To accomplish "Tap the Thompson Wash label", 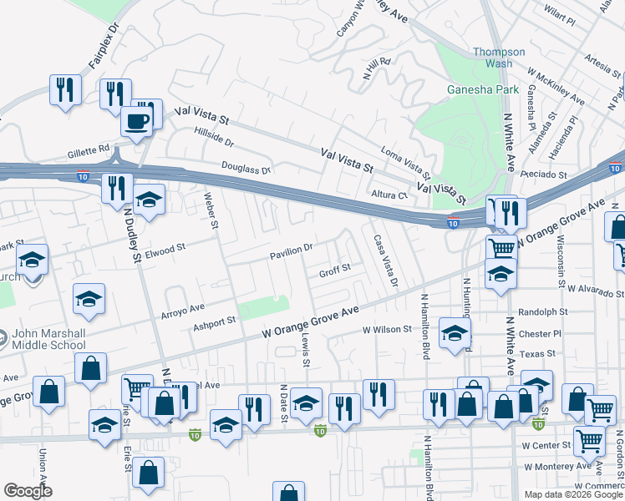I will coord(499,58).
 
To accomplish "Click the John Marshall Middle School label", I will coord(48,338).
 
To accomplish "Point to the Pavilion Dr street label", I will coord(291,248).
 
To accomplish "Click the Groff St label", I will coord(334,273).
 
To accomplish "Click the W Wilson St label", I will coord(387,330).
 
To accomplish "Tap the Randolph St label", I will coord(542,311).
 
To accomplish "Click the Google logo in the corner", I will coord(28,491).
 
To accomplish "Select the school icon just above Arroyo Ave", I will coord(89,299).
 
